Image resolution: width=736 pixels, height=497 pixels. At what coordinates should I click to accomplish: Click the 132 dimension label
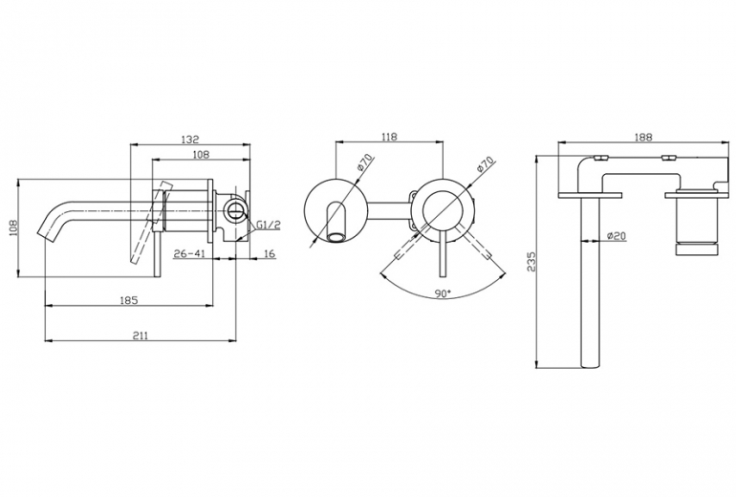click(190, 140)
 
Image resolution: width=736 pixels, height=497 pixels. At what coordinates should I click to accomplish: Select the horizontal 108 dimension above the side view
click(201, 155)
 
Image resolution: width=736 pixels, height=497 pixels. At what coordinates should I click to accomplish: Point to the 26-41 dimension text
click(189, 254)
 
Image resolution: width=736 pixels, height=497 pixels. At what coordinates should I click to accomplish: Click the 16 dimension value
click(270, 254)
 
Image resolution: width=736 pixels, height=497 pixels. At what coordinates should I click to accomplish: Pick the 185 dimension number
click(129, 300)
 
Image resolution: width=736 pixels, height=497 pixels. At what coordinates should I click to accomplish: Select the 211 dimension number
click(140, 335)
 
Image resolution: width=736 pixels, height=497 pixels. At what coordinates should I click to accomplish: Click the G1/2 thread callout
click(269, 225)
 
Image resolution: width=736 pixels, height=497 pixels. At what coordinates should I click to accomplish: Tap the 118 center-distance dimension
click(389, 137)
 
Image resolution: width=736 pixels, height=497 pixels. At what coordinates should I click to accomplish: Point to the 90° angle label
click(443, 293)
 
